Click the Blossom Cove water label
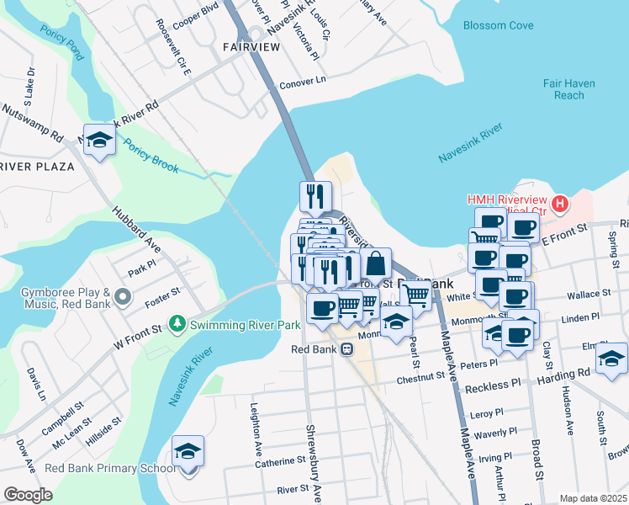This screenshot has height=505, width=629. pyautogui.click(x=498, y=25)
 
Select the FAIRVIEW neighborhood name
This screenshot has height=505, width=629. pyautogui.click(x=251, y=47)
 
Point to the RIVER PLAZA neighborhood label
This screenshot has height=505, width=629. pyautogui.click(x=37, y=167)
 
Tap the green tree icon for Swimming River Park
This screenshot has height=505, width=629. pyautogui.click(x=177, y=323)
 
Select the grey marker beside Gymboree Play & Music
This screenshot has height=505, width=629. pyautogui.click(x=124, y=296)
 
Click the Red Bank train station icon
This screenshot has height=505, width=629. pyautogui.click(x=346, y=349)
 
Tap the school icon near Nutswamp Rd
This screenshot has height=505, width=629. pyautogui.click(x=99, y=139)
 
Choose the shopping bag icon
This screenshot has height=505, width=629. pyautogui.click(x=376, y=262)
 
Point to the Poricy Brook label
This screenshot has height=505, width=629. pyautogui.click(x=151, y=156)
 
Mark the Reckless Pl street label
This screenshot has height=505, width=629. pyautogui.click(x=493, y=385)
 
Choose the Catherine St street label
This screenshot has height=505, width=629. pyautogui.click(x=280, y=461)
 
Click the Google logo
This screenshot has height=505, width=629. pyautogui.click(x=28, y=494)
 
